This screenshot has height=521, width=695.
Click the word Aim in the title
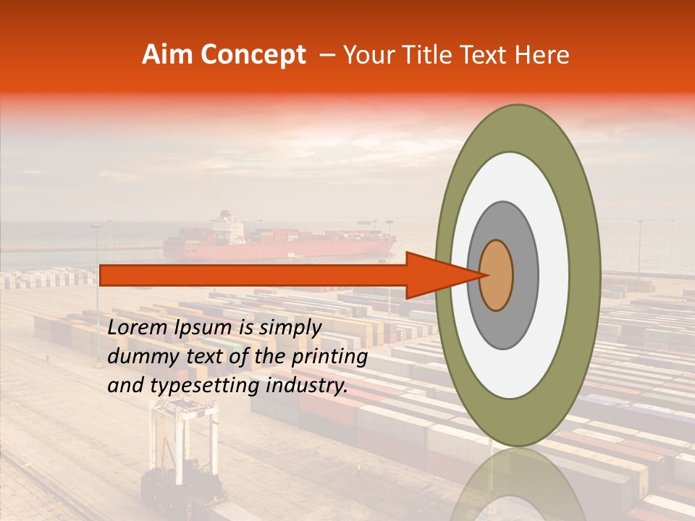pyautogui.click(x=168, y=55)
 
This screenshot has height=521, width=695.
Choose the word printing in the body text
pyautogui.click(x=329, y=357)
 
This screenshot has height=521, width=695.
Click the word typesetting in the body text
pyautogui.click(x=200, y=386)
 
